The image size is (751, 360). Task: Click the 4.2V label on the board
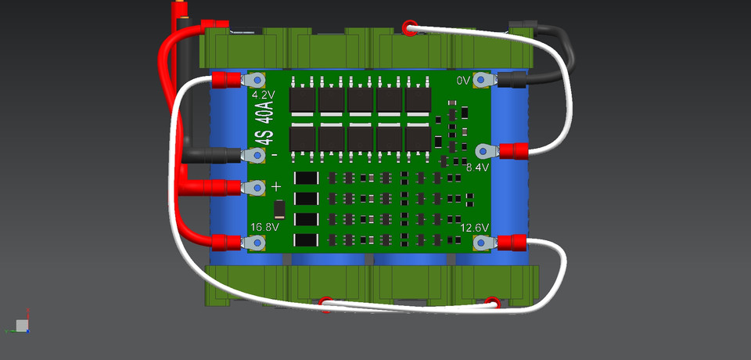click(x=264, y=95)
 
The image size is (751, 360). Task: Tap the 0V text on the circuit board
click(x=463, y=81)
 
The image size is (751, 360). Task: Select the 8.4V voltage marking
click(x=477, y=167)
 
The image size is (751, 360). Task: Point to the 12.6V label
click(x=475, y=228)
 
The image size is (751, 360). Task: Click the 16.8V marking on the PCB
click(x=264, y=227)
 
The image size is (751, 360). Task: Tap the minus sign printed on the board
click(x=274, y=155)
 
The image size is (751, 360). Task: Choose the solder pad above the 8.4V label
click(x=483, y=150)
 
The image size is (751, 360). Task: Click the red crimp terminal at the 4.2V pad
click(x=227, y=80)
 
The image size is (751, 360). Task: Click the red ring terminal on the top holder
click(x=408, y=29)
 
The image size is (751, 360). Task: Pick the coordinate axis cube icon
click(x=22, y=324)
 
